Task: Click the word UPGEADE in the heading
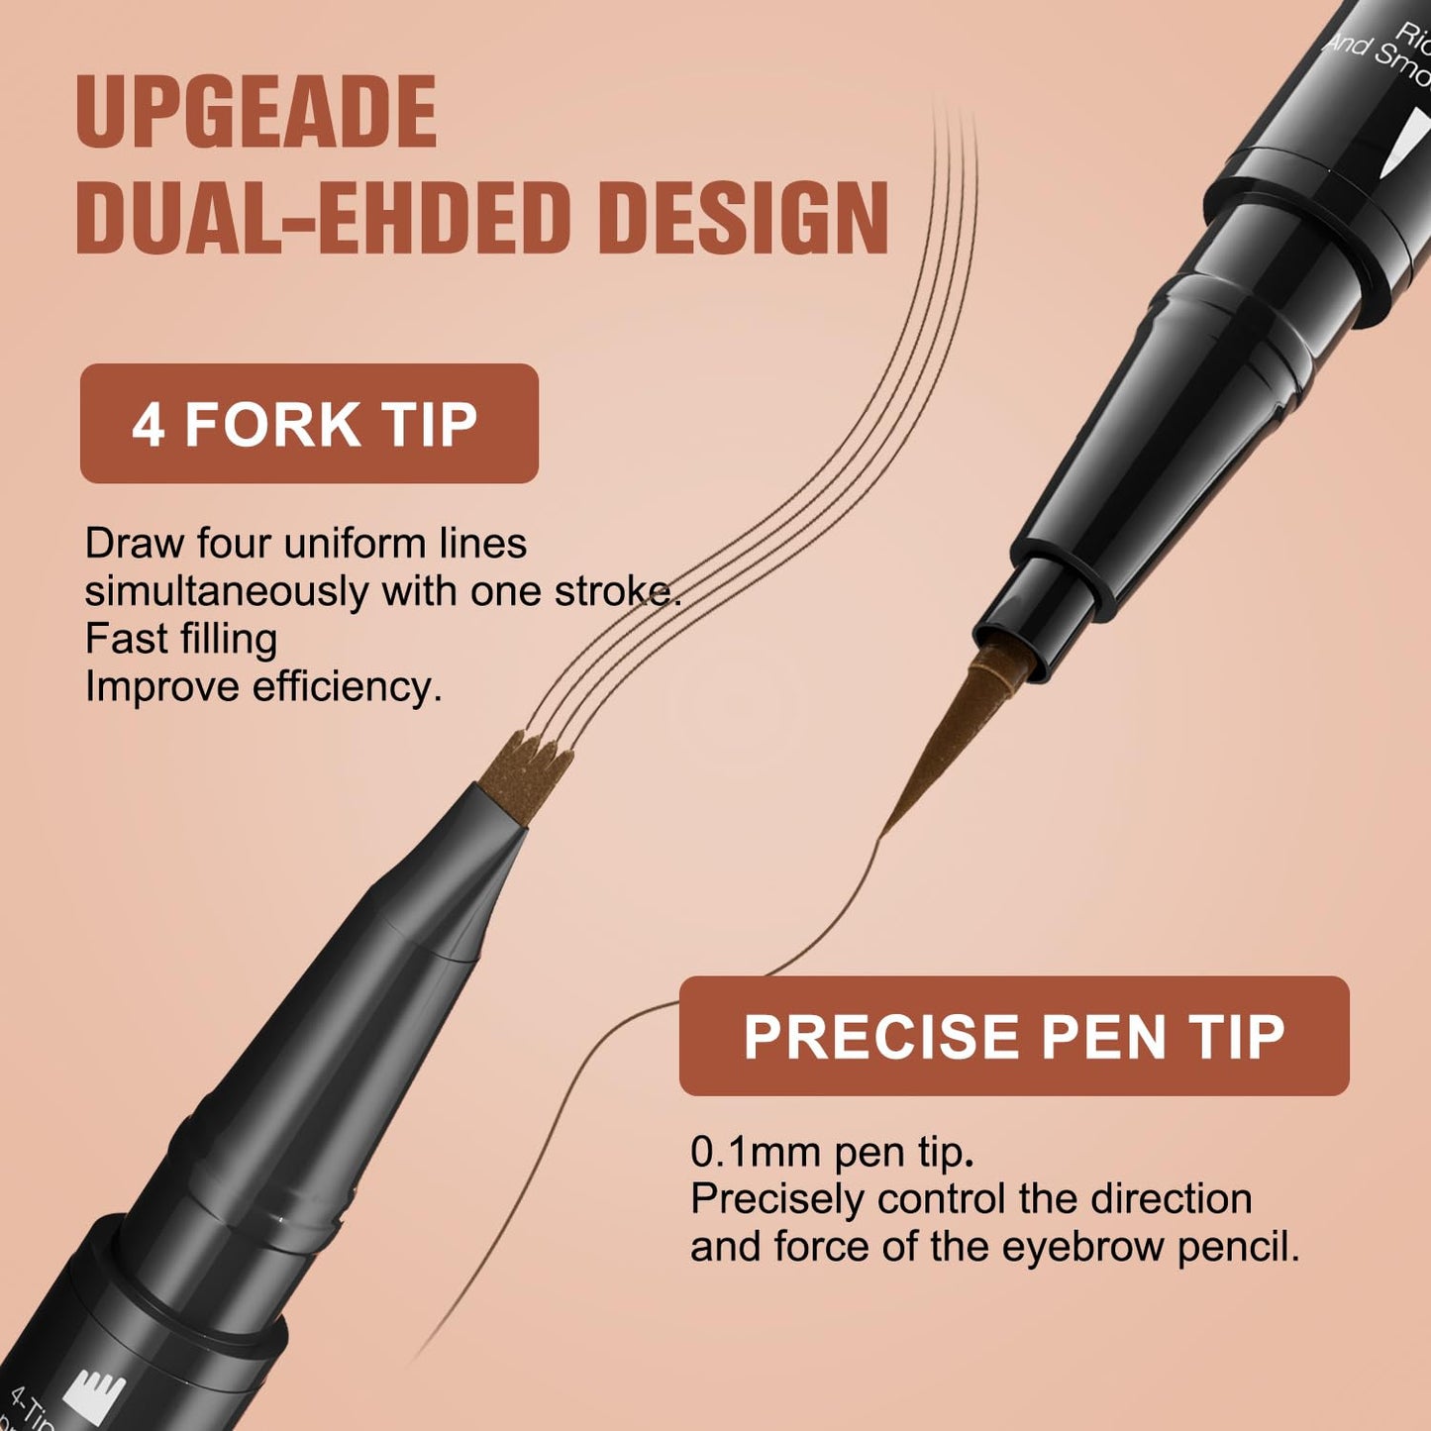[x=256, y=112]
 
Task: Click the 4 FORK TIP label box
[x=309, y=424]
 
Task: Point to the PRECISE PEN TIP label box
[x=1014, y=1036]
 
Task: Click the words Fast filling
[x=181, y=639]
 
